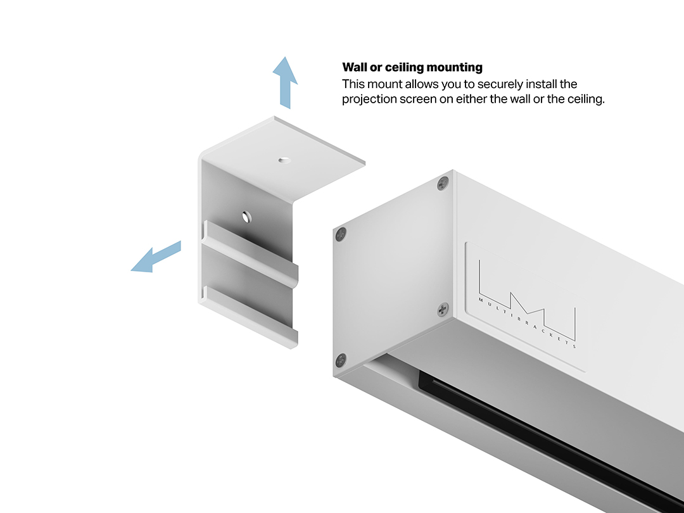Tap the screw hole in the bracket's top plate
coord(284,160)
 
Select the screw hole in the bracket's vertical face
coord(246,217)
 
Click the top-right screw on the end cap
coord(443,184)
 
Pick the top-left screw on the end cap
coord(341,235)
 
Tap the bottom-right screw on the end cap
coord(443,310)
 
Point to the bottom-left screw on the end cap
coord(341,360)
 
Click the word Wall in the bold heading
coord(355,67)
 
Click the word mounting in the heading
coord(455,68)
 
